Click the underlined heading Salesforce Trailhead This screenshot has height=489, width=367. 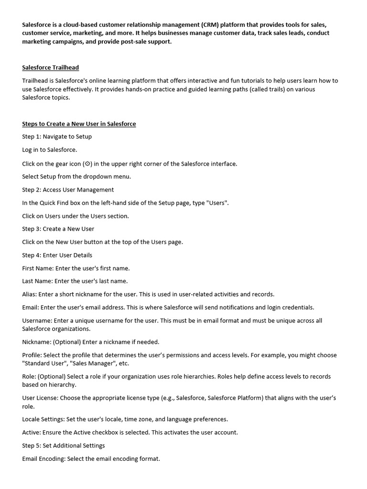point(50,68)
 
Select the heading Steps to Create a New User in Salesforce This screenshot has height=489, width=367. point(79,124)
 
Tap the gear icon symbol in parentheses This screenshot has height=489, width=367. point(87,164)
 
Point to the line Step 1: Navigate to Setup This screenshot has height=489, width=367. point(57,137)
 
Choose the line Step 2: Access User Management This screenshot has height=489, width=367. point(68,190)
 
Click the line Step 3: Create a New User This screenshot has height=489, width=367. point(58,229)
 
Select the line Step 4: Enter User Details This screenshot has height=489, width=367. point(57,255)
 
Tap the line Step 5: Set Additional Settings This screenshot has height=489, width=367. point(64,446)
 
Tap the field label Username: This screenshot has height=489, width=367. point(37,320)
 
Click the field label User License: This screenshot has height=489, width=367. point(42,398)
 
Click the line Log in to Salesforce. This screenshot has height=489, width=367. point(49,150)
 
